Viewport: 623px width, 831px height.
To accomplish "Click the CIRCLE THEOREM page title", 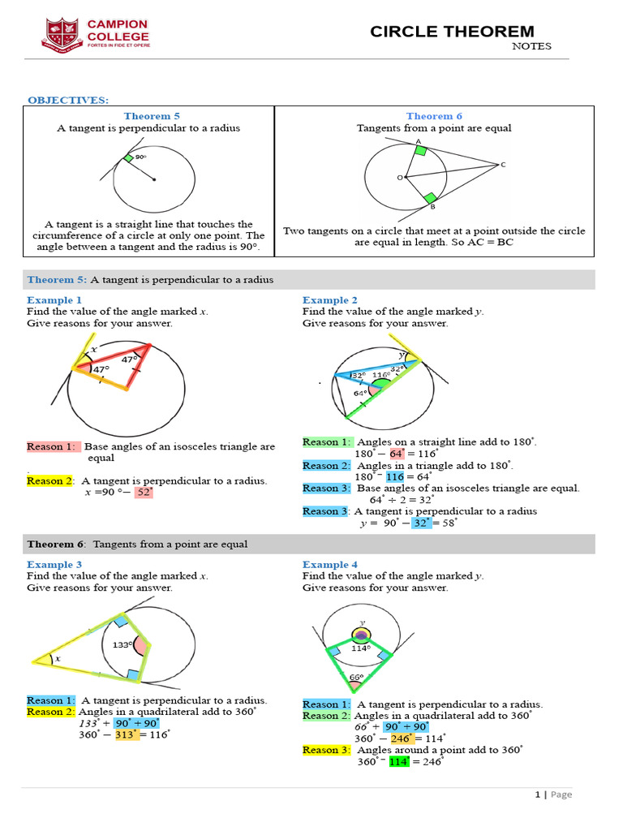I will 452,32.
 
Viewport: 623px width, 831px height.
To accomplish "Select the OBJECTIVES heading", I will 68,100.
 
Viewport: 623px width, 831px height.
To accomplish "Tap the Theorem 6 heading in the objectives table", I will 434,116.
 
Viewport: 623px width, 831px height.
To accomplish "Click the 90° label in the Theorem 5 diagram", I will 140,157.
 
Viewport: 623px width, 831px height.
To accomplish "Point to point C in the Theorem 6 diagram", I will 502,165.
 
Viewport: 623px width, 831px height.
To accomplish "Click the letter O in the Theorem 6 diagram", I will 398,176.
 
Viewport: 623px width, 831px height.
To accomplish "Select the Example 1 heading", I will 54,299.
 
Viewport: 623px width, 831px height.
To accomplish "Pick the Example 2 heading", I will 330,299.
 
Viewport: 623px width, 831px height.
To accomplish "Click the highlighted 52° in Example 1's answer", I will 144,493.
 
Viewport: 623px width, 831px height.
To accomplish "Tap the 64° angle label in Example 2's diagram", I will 362,394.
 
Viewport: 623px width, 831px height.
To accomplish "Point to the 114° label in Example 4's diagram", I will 360,648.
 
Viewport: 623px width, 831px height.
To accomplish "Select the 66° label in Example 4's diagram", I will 356,677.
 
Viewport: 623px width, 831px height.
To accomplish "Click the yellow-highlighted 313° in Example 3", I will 127,734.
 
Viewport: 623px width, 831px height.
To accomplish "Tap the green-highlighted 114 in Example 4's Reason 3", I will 399,761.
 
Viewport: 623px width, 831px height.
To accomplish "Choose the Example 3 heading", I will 54,564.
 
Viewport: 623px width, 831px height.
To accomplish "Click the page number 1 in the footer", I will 537,794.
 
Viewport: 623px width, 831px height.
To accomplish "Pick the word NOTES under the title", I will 531,46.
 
